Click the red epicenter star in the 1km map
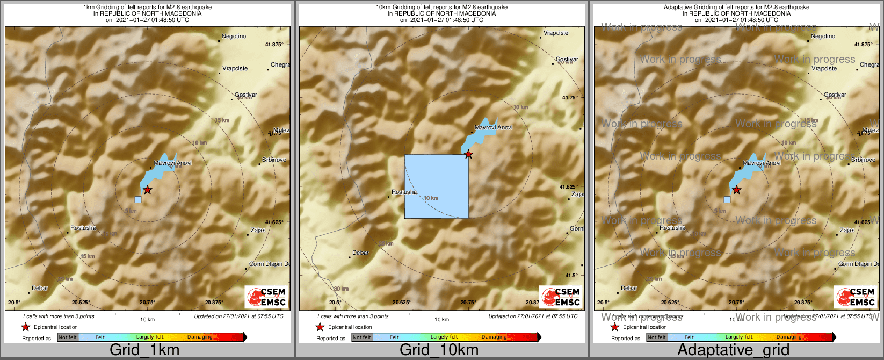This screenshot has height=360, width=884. click(148, 190)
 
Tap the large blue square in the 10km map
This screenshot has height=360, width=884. click(436, 186)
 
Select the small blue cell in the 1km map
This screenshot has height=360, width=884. click(138, 199)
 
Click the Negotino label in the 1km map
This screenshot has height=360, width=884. click(234, 37)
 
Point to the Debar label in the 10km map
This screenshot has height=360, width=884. click(361, 253)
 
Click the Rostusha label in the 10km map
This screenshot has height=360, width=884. click(404, 192)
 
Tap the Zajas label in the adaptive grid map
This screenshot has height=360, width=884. click(847, 230)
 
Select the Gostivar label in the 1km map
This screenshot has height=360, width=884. click(246, 95)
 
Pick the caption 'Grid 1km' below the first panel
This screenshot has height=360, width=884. click(144, 350)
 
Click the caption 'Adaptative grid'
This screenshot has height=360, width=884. click(733, 350)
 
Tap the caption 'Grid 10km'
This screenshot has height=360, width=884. click(439, 350)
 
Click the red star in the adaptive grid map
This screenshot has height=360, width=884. click(737, 190)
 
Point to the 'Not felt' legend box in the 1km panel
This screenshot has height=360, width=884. click(68, 337)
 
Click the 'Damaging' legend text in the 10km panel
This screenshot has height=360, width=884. click(494, 337)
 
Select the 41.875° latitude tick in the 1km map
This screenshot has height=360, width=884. click(274, 45)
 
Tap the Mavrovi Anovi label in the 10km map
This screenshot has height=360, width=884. click(494, 127)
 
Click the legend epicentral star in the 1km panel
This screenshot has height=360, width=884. click(25, 327)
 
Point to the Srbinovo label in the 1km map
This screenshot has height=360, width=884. click(274, 160)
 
